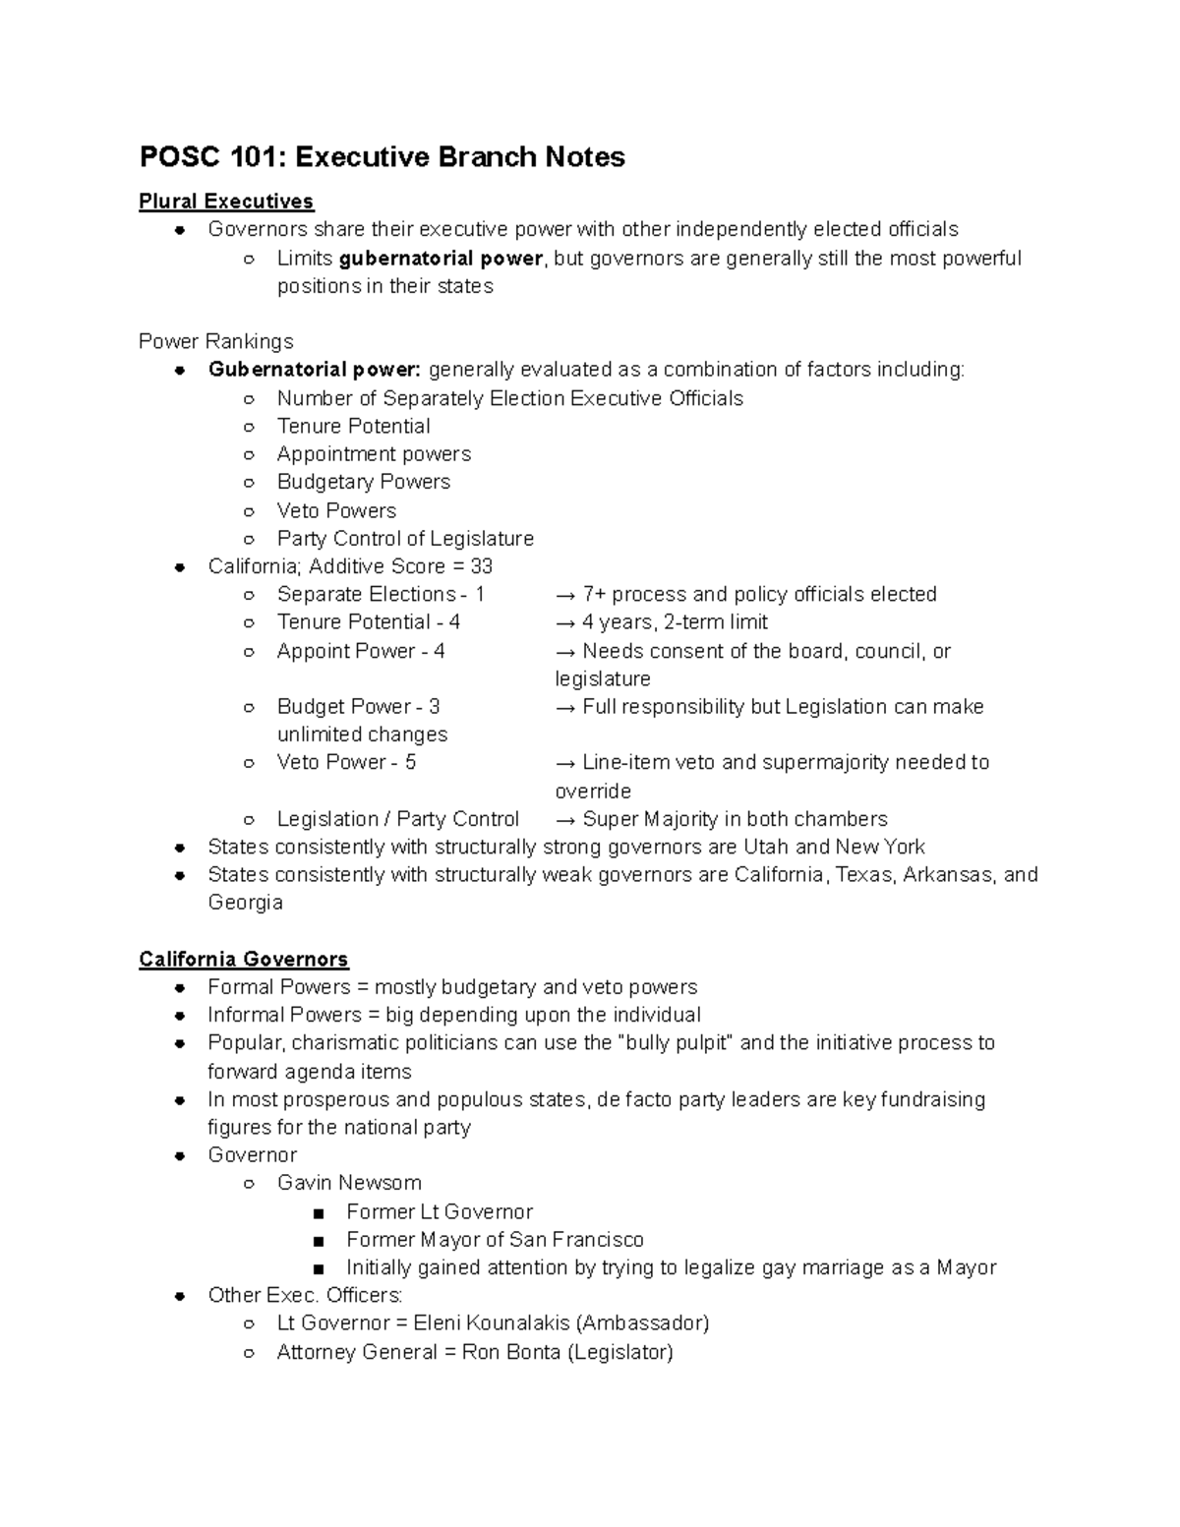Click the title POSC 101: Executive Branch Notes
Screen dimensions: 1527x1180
tap(382, 157)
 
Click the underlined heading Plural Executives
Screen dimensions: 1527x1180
tap(226, 202)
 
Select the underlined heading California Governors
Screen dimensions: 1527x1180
tap(244, 959)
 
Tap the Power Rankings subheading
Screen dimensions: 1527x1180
tap(215, 341)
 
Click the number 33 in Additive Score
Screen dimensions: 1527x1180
tap(481, 566)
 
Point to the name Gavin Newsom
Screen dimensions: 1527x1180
tap(349, 1183)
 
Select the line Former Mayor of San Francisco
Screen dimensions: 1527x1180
tap(495, 1239)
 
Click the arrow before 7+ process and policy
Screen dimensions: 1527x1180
tap(565, 595)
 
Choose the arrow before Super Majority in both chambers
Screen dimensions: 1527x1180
tap(565, 820)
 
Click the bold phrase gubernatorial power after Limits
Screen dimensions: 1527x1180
tap(441, 259)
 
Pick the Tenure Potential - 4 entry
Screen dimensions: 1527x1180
tap(368, 622)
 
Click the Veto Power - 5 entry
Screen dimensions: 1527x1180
tap(346, 763)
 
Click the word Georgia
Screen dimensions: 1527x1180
tap(245, 903)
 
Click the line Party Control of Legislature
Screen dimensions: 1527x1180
tap(405, 539)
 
